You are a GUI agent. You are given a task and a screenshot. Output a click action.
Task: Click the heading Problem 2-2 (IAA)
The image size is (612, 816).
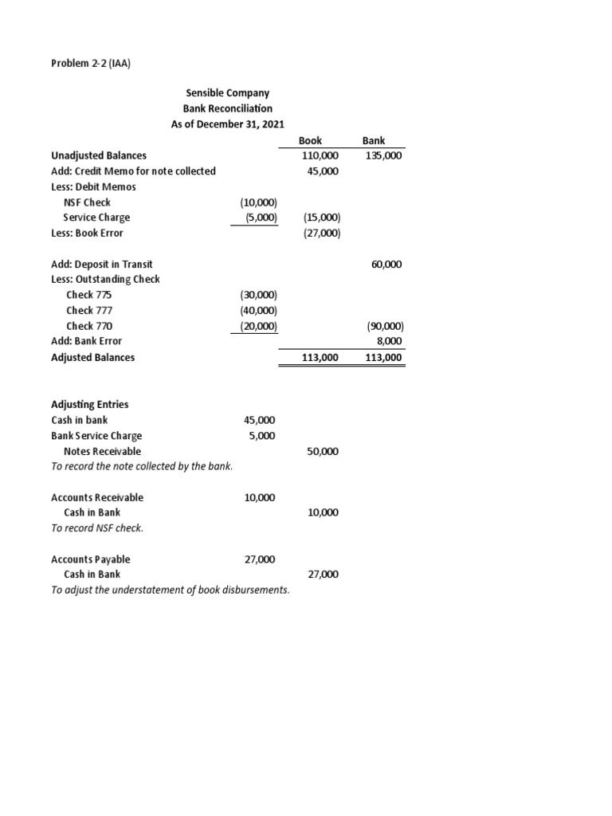(x=90, y=63)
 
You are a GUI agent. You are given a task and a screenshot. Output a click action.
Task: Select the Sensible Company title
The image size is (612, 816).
(x=227, y=93)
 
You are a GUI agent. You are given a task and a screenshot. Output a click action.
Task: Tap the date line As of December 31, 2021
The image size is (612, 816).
(x=227, y=124)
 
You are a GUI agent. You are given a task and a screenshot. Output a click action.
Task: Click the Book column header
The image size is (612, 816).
(x=310, y=140)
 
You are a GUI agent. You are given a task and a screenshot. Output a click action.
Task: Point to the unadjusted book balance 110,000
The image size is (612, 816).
(x=322, y=156)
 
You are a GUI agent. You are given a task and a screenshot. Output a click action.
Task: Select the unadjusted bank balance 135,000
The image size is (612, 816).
(x=384, y=156)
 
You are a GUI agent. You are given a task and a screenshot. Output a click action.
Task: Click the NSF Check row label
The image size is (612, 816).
(x=87, y=202)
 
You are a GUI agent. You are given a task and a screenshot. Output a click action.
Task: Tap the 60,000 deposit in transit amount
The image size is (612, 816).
(x=386, y=264)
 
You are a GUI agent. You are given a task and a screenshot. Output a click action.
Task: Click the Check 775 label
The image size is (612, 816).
(x=89, y=295)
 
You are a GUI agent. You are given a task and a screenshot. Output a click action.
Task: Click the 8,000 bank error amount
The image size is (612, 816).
(x=389, y=341)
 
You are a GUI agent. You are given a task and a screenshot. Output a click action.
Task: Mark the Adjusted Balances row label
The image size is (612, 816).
(x=93, y=358)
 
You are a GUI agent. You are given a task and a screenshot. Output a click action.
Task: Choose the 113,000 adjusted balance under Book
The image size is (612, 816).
(x=321, y=359)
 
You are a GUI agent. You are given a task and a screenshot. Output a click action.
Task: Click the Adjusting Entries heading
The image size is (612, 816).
(x=90, y=404)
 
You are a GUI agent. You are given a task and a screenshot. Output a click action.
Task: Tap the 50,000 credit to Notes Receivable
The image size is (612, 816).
(x=323, y=451)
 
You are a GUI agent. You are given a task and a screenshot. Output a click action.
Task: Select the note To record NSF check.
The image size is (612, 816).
(x=97, y=528)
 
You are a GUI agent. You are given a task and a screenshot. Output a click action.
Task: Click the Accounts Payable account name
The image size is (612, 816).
(x=91, y=559)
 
